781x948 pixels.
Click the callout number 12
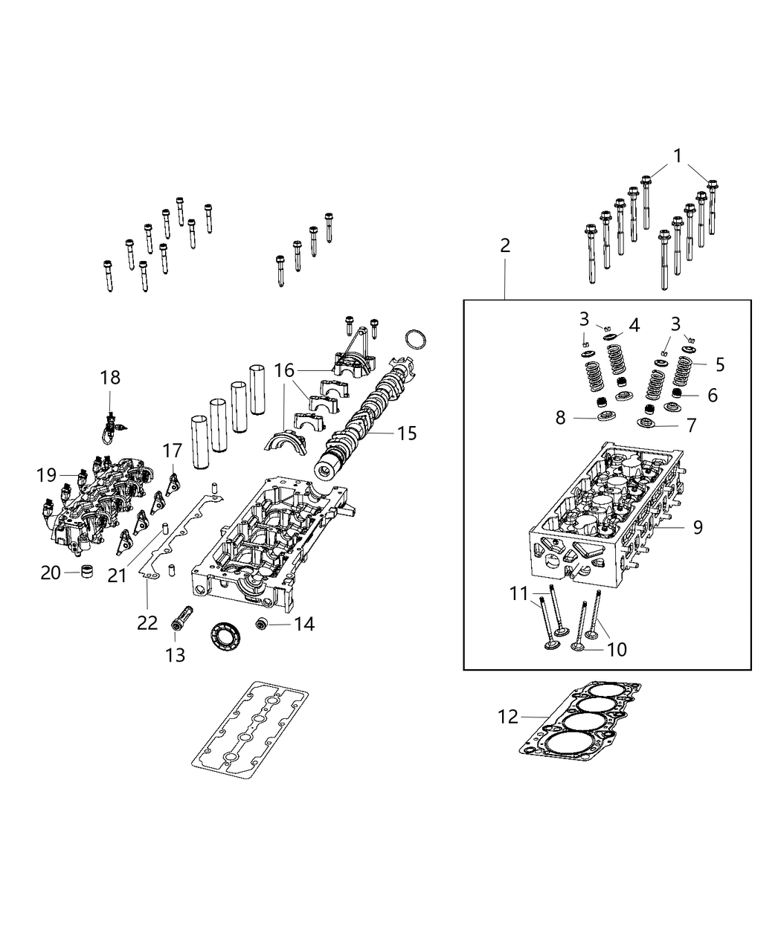coord(507,717)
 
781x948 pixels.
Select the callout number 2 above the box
coord(505,245)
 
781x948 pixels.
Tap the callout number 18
coord(110,378)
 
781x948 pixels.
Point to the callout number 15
coord(407,433)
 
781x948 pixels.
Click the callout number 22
coord(147,622)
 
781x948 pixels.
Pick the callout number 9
coord(698,527)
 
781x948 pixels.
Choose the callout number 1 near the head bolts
coord(678,156)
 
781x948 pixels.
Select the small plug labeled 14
coord(263,622)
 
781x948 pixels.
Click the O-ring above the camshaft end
coord(416,338)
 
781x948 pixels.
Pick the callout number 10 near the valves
coord(617,649)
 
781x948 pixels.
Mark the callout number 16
coord(284,370)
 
